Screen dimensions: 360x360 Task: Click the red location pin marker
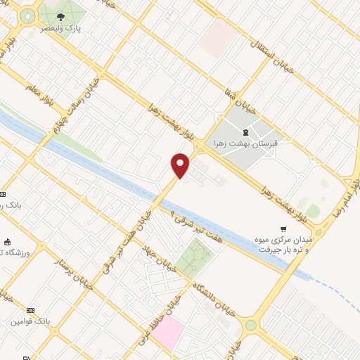181,165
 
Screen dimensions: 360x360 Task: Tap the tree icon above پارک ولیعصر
61,16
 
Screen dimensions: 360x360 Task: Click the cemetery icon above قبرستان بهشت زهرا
245,133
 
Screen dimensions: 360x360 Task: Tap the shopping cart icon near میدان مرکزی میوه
283,229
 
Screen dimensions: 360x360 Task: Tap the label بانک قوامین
31,321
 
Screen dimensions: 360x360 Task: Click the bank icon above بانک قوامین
30,310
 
